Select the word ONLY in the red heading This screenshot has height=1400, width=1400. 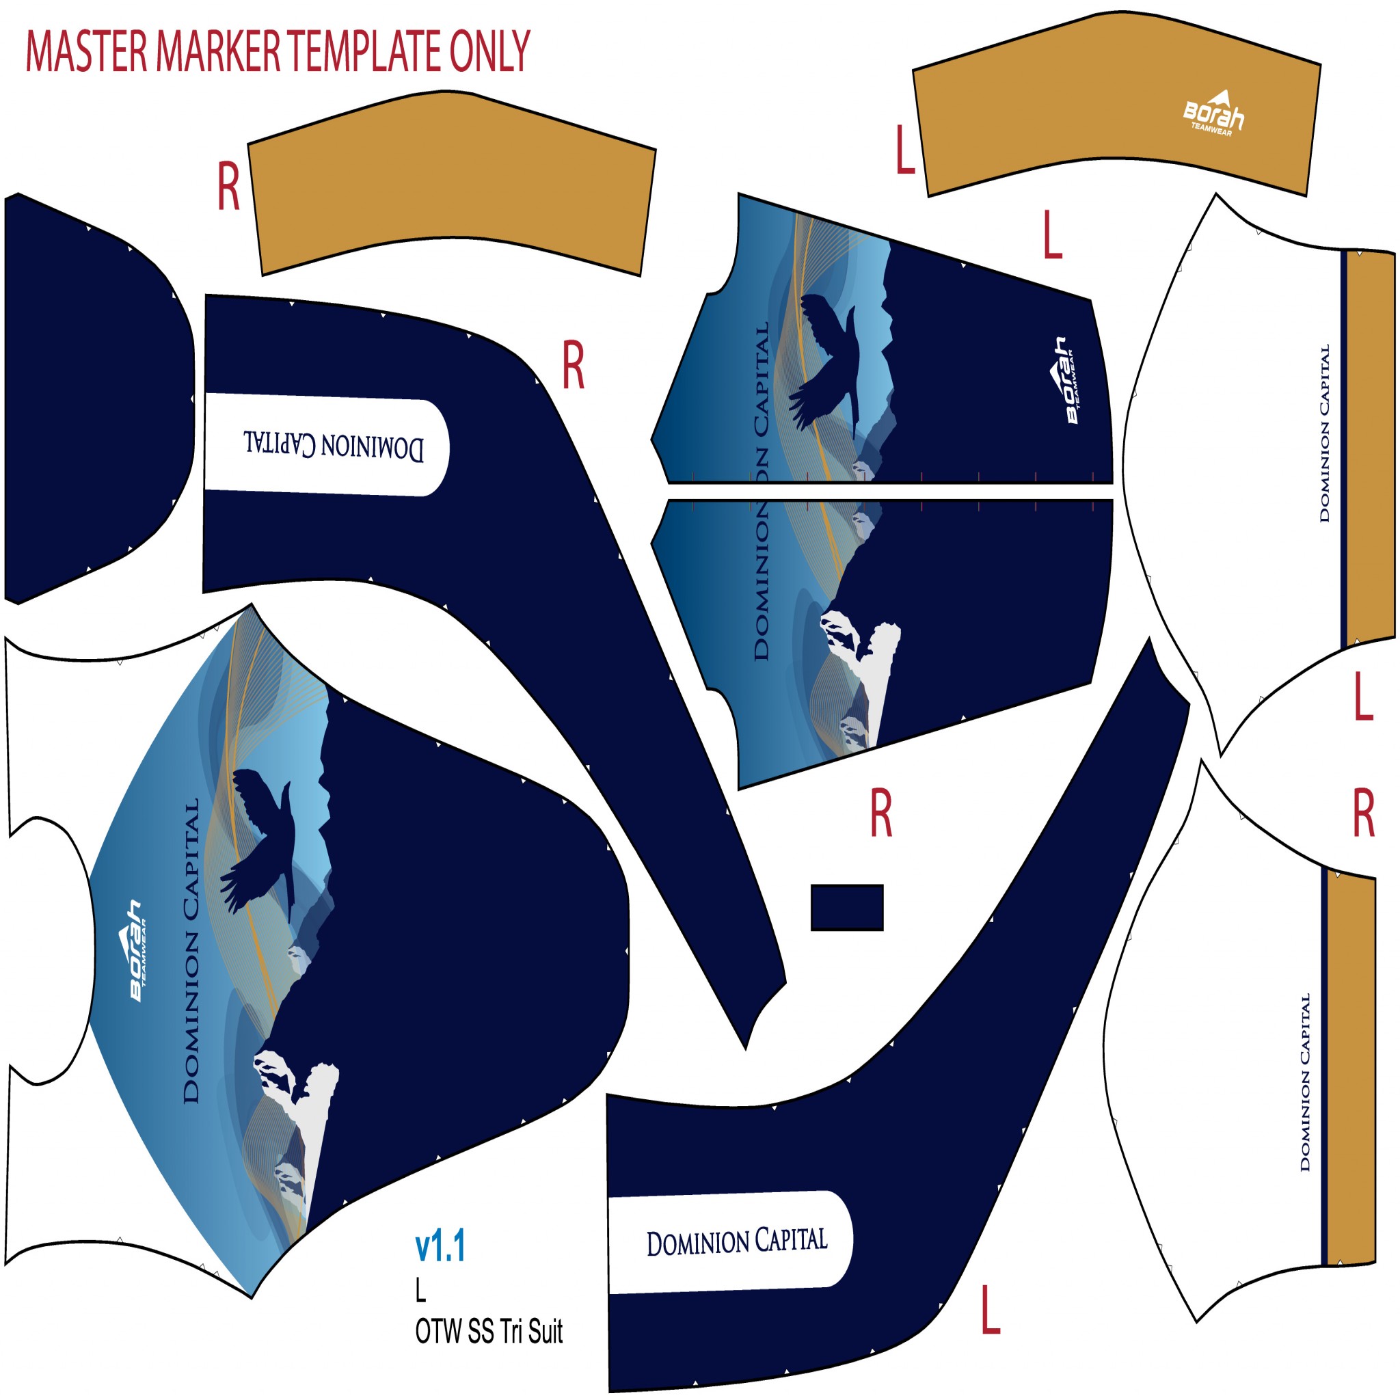pos(490,51)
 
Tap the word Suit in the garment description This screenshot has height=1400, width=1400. pos(545,1332)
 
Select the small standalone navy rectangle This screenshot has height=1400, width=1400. pos(846,907)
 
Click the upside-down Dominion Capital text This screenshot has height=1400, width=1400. pos(334,444)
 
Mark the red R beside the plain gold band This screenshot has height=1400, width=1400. pos(228,186)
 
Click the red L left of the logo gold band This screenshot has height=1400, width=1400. pos(905,150)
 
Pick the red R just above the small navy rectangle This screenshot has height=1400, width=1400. pos(880,813)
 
